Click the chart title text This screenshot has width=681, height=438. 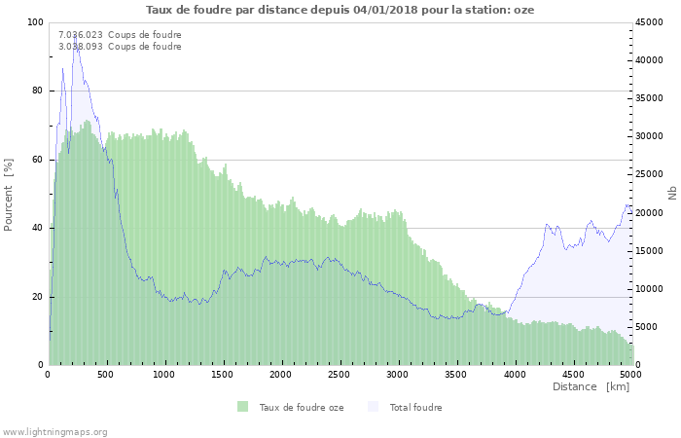[x=340, y=10]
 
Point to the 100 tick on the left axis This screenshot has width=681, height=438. [x=35, y=22]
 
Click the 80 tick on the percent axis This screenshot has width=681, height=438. [x=38, y=91]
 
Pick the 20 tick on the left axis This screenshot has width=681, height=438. [x=38, y=297]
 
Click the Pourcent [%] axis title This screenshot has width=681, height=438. [x=9, y=194]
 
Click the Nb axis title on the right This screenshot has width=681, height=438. [x=671, y=194]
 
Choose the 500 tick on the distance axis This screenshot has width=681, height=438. [x=107, y=374]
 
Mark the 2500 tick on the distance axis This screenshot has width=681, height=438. [x=340, y=374]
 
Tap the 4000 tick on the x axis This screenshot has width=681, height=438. [x=515, y=374]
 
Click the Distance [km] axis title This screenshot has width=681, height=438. [x=591, y=386]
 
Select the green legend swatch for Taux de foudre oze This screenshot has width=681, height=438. [x=242, y=407]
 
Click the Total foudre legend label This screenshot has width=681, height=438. [x=415, y=408]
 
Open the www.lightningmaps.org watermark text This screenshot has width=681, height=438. [x=54, y=431]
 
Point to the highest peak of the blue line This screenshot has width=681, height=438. [x=76, y=39]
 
